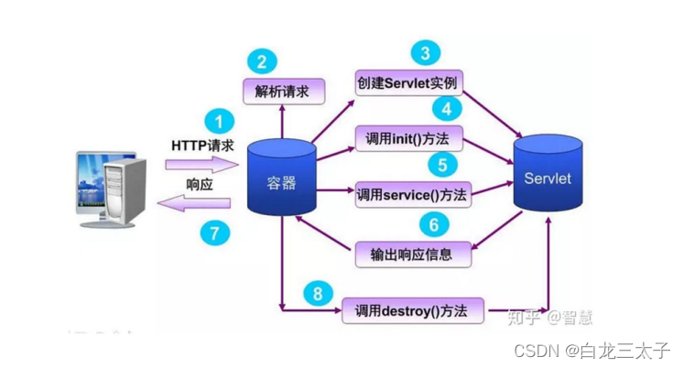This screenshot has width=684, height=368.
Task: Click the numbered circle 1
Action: coord(218,120)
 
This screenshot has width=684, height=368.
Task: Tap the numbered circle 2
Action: coord(262,61)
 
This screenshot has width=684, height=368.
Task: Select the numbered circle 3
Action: coord(424,51)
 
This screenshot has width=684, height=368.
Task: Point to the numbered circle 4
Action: coord(446,109)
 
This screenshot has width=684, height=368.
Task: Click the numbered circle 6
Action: coord(434,223)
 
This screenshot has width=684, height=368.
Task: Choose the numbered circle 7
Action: coord(216,233)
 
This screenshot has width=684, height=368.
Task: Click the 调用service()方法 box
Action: coord(411,194)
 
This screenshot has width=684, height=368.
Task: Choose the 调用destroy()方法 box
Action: coord(411,311)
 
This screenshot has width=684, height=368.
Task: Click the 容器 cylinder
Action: coord(281,181)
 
